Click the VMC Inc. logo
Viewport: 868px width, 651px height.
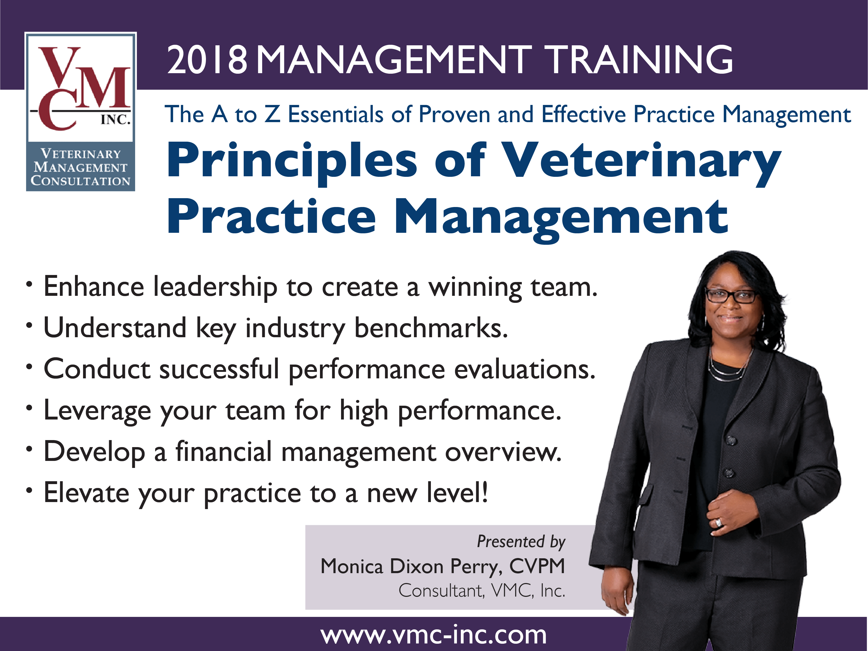pyautogui.click(x=81, y=112)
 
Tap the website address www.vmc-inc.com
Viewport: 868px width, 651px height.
pyautogui.click(x=433, y=635)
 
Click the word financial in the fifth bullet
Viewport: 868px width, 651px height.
pyautogui.click(x=223, y=451)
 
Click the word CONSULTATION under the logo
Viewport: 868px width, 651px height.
pyautogui.click(x=80, y=181)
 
